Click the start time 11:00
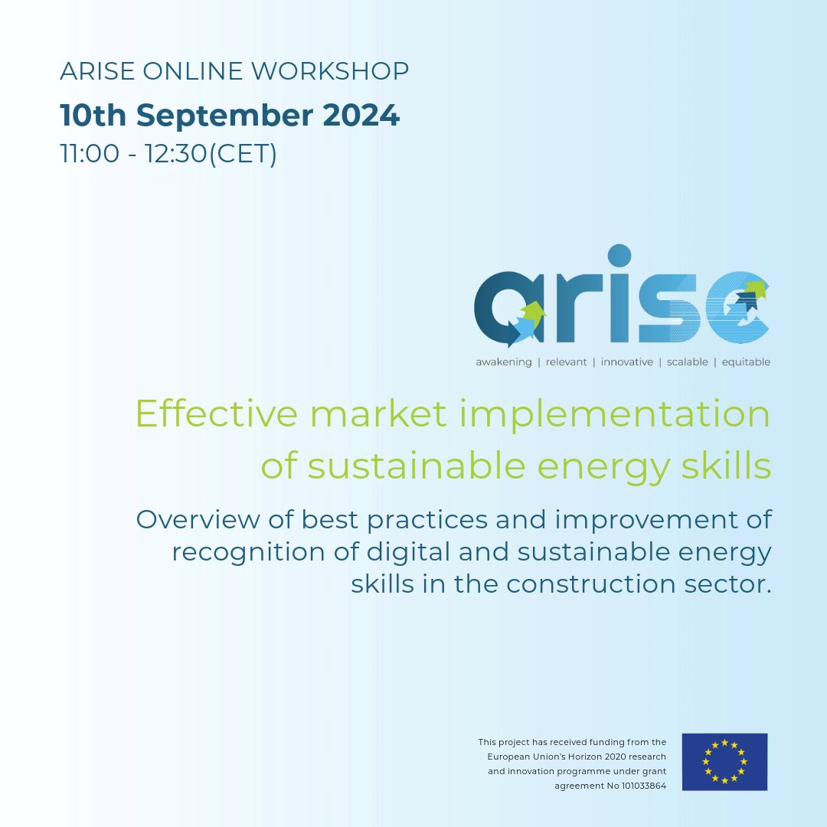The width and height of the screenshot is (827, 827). pyautogui.click(x=90, y=154)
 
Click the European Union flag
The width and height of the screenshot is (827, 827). pyautogui.click(x=724, y=762)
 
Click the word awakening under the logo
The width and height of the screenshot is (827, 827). pyautogui.click(x=503, y=362)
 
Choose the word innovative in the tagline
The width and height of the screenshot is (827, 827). pyautogui.click(x=626, y=362)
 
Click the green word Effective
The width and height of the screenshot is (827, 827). pyautogui.click(x=216, y=414)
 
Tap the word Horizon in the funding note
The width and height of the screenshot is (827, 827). pyautogui.click(x=598, y=757)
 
